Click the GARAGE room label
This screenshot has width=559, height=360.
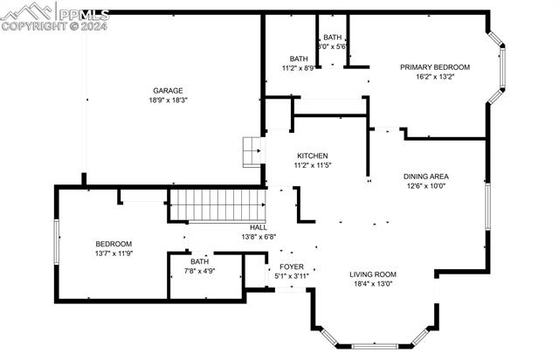[169, 90]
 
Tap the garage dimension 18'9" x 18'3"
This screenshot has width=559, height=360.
[169, 100]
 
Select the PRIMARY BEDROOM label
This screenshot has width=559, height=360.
[435, 66]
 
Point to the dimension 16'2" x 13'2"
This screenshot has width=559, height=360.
[435, 77]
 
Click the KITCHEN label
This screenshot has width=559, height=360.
[312, 156]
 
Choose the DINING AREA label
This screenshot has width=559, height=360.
[427, 176]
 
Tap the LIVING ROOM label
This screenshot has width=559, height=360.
[373, 273]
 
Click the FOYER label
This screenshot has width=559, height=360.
[292, 267]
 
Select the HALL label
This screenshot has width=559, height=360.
[258, 226]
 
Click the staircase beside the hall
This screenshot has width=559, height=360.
[216, 207]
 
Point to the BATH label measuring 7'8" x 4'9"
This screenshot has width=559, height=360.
[200, 261]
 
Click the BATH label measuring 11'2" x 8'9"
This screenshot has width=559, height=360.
[300, 59]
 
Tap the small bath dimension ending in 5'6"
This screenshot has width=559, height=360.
[333, 47]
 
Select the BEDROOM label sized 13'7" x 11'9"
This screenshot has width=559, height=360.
[114, 244]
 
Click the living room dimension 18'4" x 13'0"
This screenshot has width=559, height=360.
[373, 283]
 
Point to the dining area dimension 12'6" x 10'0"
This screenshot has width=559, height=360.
[427, 185]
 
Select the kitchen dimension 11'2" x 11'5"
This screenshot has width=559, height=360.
[312, 165]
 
